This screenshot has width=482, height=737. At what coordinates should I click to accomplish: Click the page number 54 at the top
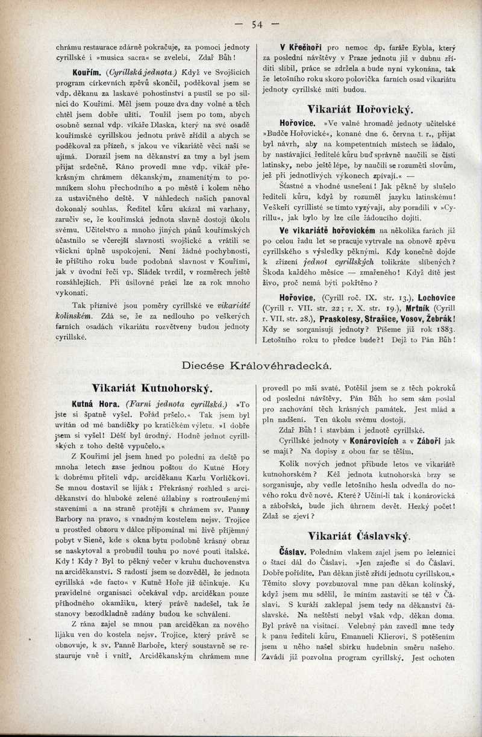(257, 25)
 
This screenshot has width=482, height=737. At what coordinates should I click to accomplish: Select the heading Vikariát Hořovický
(360, 109)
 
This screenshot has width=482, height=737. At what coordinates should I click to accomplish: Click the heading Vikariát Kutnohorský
(152, 387)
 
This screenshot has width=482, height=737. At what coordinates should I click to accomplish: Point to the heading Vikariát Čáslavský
(359, 535)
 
